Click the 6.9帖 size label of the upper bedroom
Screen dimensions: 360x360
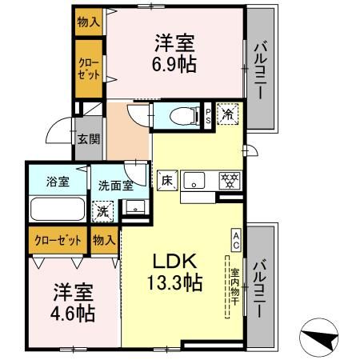pos(175,65)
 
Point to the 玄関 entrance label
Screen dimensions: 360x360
pos(88,138)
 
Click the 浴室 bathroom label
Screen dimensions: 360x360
pos(58,181)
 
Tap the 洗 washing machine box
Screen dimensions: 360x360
pos(103,212)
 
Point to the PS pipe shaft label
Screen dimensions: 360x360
pos(208,114)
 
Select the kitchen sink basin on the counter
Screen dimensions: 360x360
pos(194,181)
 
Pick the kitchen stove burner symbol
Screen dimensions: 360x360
pos(226,179)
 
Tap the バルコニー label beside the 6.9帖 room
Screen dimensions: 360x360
pos(260,70)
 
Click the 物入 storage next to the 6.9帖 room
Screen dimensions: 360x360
pos(89,22)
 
